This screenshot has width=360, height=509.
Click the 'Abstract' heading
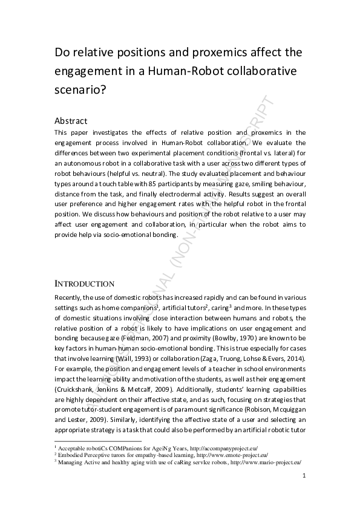[71, 120]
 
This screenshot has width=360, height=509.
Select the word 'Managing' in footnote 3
[71, 462]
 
